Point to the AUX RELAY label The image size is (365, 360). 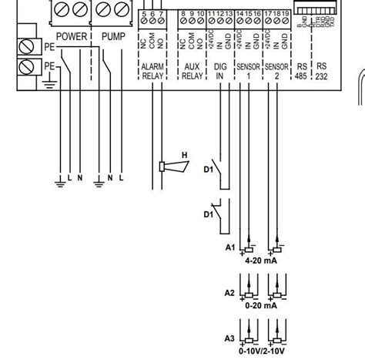tap(191, 72)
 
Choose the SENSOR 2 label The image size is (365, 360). tap(275, 72)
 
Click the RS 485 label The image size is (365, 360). tap(302, 72)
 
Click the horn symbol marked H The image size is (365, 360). tap(164, 165)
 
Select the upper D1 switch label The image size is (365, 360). tap(207, 167)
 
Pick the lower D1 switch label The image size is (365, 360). tap(207, 214)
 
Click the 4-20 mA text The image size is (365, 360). tap(260, 261)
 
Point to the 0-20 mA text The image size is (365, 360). tap(260, 305)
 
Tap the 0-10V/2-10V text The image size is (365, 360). tap(260, 351)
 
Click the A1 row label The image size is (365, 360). tap(229, 247)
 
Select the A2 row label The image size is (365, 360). tap(229, 293)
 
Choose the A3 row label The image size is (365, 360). tap(229, 338)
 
